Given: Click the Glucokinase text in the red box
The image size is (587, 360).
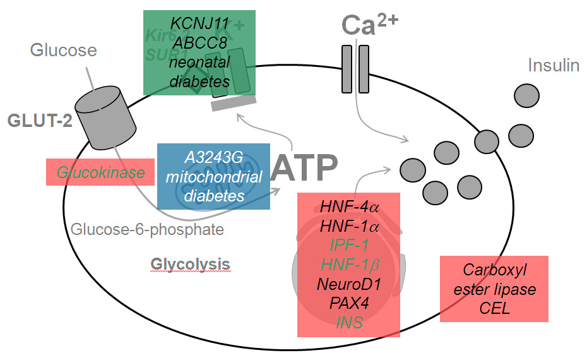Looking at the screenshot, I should pyautogui.click(x=100, y=172).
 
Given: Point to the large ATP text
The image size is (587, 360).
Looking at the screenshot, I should pyautogui.click(x=305, y=167).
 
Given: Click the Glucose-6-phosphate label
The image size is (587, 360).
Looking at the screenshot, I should pyautogui.click(x=147, y=229).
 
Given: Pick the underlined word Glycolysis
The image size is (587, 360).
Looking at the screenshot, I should pyautogui.click(x=191, y=263).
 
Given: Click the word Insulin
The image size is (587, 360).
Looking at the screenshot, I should pyautogui.click(x=553, y=65).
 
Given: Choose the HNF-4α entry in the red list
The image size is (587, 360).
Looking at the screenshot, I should pyautogui.click(x=348, y=207).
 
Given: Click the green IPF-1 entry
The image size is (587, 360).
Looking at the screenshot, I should pyautogui.click(x=348, y=244).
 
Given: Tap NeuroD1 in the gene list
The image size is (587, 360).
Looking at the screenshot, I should pyautogui.click(x=348, y=283).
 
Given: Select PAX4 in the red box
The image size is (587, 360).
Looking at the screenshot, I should pyautogui.click(x=348, y=303).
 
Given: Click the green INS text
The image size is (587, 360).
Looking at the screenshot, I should pyautogui.click(x=348, y=322).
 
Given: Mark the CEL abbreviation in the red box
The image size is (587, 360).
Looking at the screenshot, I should pyautogui.click(x=494, y=308).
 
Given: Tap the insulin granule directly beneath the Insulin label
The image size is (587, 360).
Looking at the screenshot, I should pyautogui.click(x=526, y=95).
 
